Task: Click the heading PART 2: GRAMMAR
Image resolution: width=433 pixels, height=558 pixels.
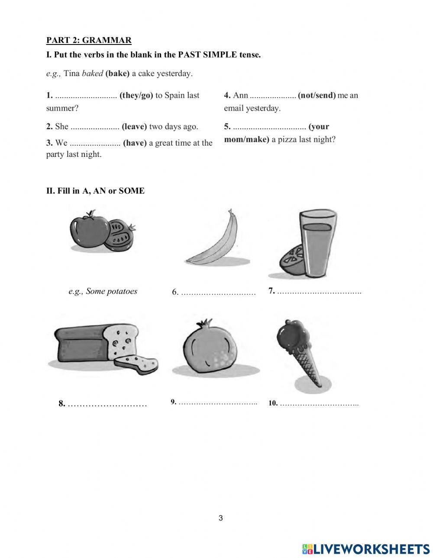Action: [x=89, y=40]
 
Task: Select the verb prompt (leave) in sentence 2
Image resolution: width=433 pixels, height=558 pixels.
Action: [x=134, y=126]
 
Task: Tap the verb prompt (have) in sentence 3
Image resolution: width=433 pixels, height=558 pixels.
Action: [x=135, y=143]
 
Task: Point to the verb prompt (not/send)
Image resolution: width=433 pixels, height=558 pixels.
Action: [x=317, y=95]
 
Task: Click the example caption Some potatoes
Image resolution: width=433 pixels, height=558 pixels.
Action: [x=103, y=291]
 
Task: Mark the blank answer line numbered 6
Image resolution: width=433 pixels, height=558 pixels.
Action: [x=218, y=293]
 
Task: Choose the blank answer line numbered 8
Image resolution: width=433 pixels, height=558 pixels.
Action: [x=107, y=404]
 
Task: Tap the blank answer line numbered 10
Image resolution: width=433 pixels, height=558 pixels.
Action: [x=319, y=404]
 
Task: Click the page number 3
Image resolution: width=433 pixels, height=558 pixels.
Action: [x=220, y=518]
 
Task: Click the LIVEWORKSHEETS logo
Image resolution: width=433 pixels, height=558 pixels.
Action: [x=366, y=548]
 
